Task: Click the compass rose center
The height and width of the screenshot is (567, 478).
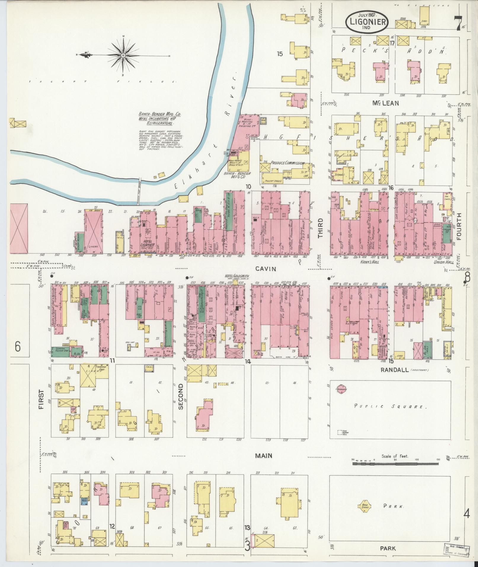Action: pyautogui.click(x=123, y=55)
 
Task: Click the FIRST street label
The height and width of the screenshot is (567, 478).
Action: pyautogui.click(x=41, y=399)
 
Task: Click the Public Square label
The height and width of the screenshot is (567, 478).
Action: pyautogui.click(x=390, y=406)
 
